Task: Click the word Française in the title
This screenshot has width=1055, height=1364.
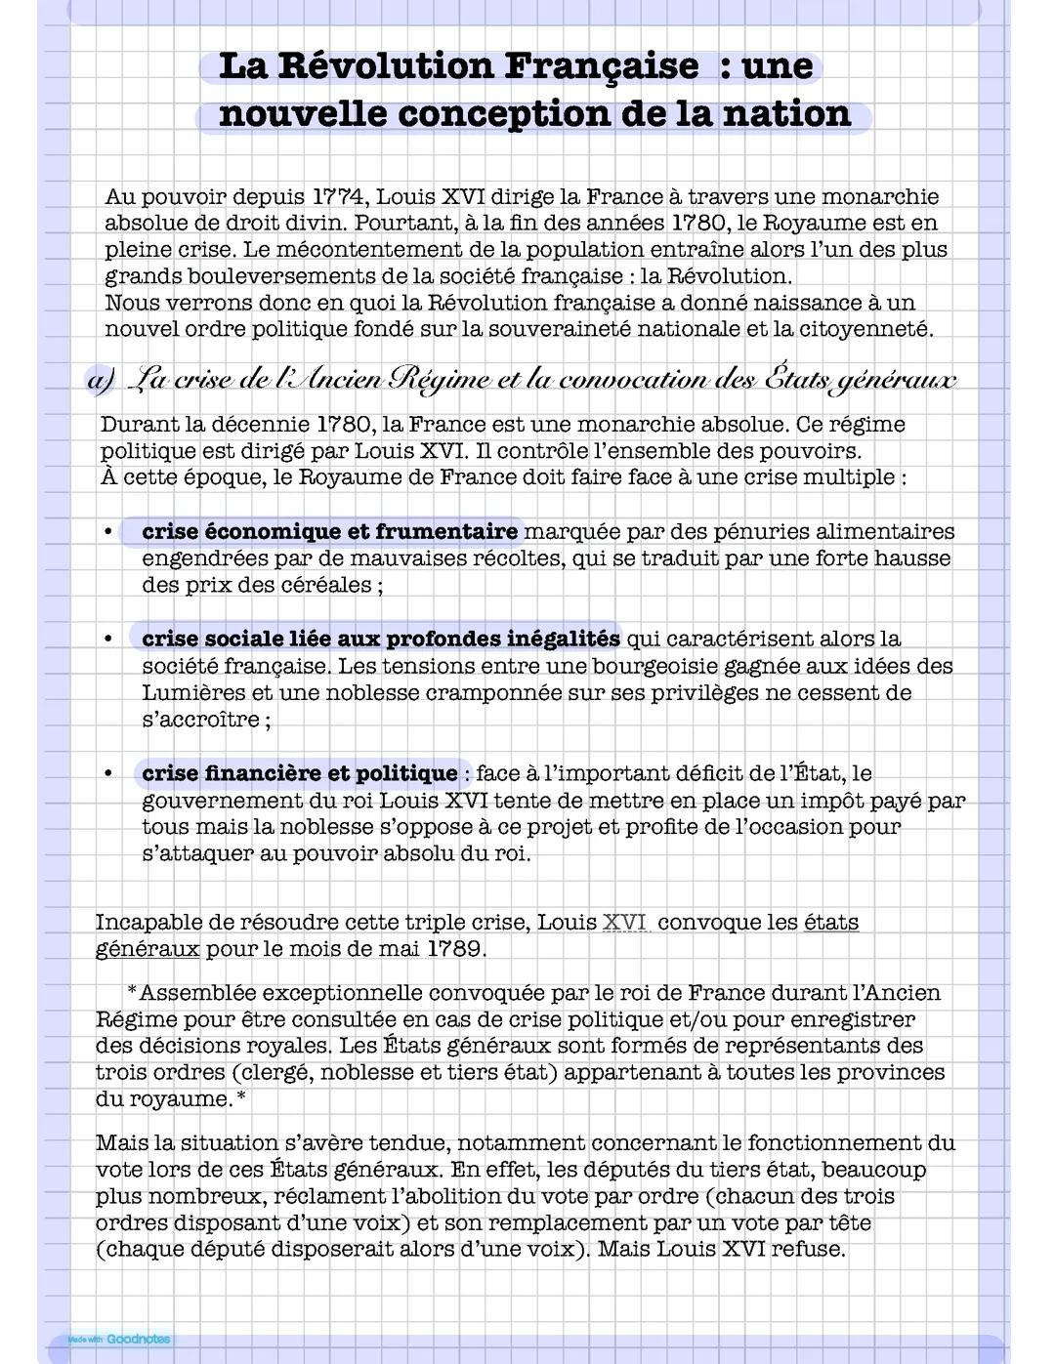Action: [x=601, y=66]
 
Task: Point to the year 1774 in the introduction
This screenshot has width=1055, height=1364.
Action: [x=340, y=197]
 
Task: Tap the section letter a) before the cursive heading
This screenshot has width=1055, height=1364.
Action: [x=102, y=380]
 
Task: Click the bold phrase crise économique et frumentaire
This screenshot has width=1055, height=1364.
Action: [x=329, y=532]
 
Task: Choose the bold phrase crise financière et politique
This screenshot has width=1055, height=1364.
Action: [x=299, y=774]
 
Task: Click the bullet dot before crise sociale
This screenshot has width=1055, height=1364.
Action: [x=108, y=640]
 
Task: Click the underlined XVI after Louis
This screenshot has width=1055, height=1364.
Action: [x=625, y=923]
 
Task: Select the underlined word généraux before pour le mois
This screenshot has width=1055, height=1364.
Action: [x=148, y=949]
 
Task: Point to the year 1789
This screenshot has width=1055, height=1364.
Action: [x=454, y=949]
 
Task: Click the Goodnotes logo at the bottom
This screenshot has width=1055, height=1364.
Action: [x=137, y=1340]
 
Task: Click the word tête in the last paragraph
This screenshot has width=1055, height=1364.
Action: [x=849, y=1223]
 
